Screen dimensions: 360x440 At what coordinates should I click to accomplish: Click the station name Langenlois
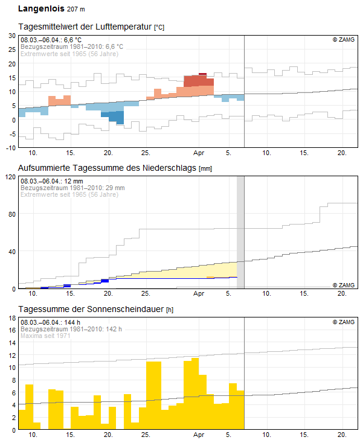pyautogui.click(x=41, y=8)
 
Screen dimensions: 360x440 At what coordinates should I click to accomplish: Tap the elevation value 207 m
pyautogui.click(x=76, y=9)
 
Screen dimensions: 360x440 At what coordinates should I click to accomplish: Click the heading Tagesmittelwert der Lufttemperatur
pyautogui.click(x=85, y=27)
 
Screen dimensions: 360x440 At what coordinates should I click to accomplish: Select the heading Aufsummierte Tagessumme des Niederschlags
pyautogui.click(x=107, y=168)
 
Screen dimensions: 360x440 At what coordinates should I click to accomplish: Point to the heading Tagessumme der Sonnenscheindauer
pyautogui.click(x=91, y=309)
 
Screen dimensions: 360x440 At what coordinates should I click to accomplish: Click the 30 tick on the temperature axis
pyautogui.click(x=12, y=36)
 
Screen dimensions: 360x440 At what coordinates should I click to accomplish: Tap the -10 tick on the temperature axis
pyautogui.click(x=11, y=148)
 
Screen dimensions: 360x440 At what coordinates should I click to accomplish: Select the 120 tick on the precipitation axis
pyautogui.click(x=10, y=177)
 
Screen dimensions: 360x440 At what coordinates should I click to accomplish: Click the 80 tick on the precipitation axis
pyautogui.click(x=12, y=214)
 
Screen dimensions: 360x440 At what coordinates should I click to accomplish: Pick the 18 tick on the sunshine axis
pyautogui.click(x=12, y=318)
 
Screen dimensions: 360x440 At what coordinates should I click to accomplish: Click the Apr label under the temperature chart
pyautogui.click(x=199, y=153)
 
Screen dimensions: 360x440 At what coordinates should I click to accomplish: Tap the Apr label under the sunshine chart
pyautogui.click(x=199, y=435)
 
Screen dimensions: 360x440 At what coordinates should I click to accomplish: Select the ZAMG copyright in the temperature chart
pyautogui.click(x=344, y=40)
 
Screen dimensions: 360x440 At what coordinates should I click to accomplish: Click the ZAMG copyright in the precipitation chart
pyautogui.click(x=344, y=285)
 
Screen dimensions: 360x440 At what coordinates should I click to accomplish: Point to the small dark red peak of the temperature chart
pyautogui.click(x=202, y=74)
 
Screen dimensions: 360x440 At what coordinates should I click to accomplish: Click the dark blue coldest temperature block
pyautogui.click(x=116, y=117)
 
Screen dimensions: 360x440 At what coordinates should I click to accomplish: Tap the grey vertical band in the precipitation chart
pyautogui.click(x=240, y=232)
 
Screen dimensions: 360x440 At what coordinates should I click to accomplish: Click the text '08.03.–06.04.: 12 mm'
pyautogui.click(x=52, y=181)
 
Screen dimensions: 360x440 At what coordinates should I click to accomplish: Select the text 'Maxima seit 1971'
pyautogui.click(x=45, y=336)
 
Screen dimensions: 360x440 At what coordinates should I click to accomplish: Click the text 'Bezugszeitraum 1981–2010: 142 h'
pyautogui.click(x=71, y=329)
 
